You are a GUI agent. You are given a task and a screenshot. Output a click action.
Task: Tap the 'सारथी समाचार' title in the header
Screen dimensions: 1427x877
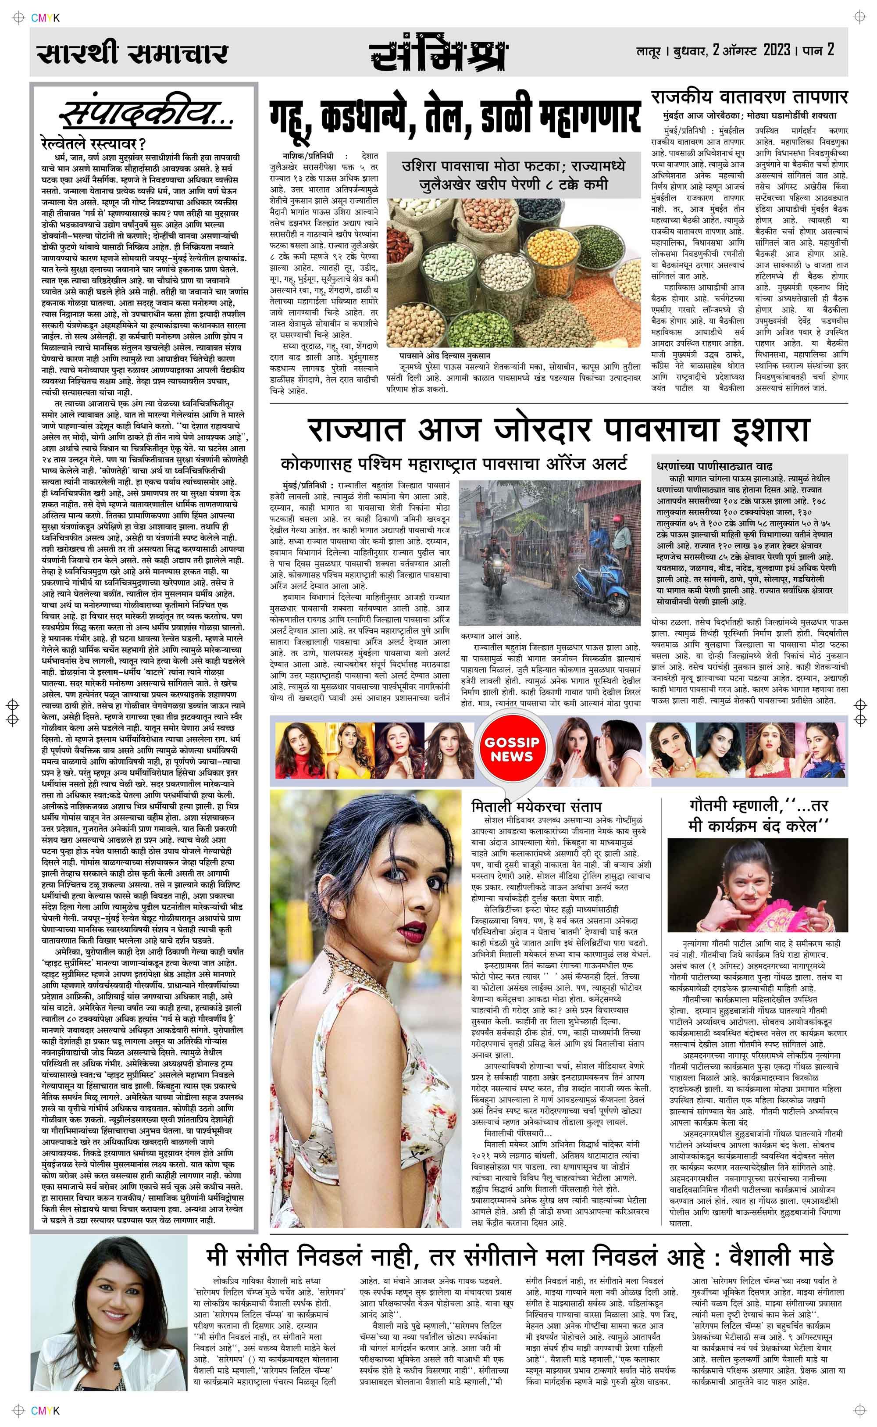click(132, 54)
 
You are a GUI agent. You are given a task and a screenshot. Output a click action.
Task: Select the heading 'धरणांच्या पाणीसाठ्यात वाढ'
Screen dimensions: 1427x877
click(714, 466)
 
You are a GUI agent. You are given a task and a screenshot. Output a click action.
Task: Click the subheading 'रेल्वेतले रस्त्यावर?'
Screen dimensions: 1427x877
click(93, 142)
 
